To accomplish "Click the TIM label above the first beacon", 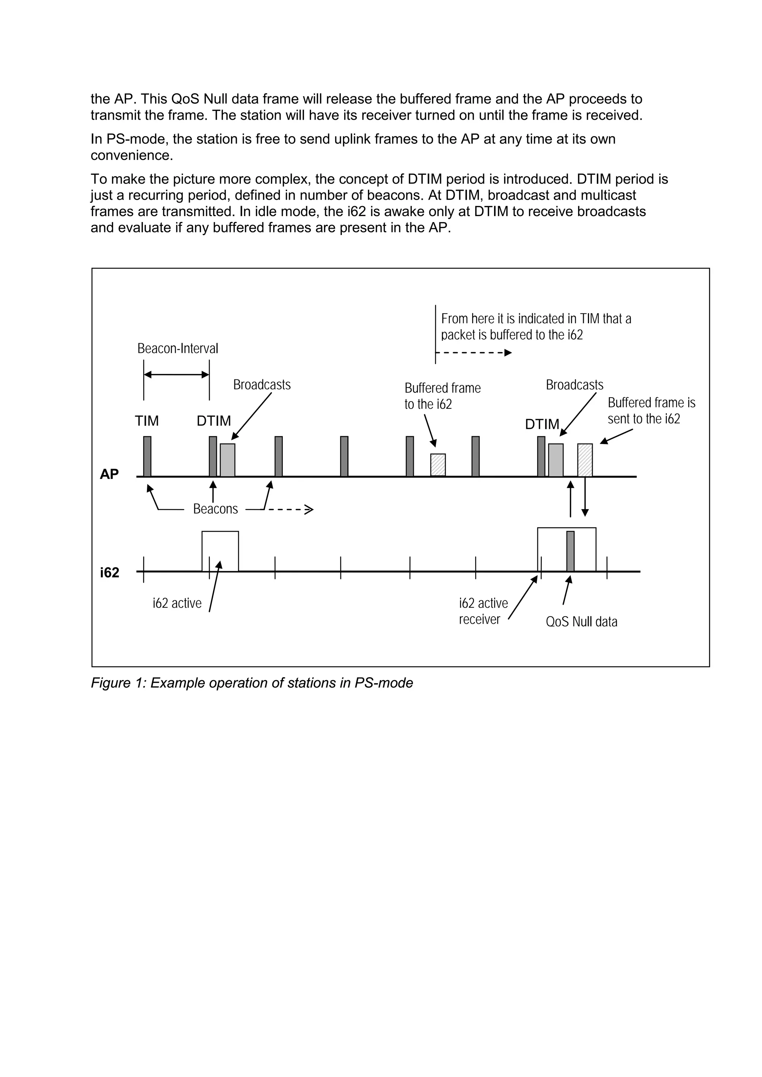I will point(147,421).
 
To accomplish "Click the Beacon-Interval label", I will point(177,348).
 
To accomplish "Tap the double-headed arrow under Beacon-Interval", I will point(176,374).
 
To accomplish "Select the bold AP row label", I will point(109,474).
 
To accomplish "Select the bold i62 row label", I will point(109,573).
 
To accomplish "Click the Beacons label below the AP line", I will point(215,509).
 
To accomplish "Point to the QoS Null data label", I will point(581,622).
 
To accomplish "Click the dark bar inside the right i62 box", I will point(570,551).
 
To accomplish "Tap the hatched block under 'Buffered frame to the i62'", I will point(438,465).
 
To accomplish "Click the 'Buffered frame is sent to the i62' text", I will point(651,411).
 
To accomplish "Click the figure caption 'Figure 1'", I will point(252,683).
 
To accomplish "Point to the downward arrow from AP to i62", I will point(585,497).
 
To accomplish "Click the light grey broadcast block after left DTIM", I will point(228,460).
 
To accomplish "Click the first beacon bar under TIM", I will point(147,456).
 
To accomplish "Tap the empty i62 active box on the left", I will point(220,551).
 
